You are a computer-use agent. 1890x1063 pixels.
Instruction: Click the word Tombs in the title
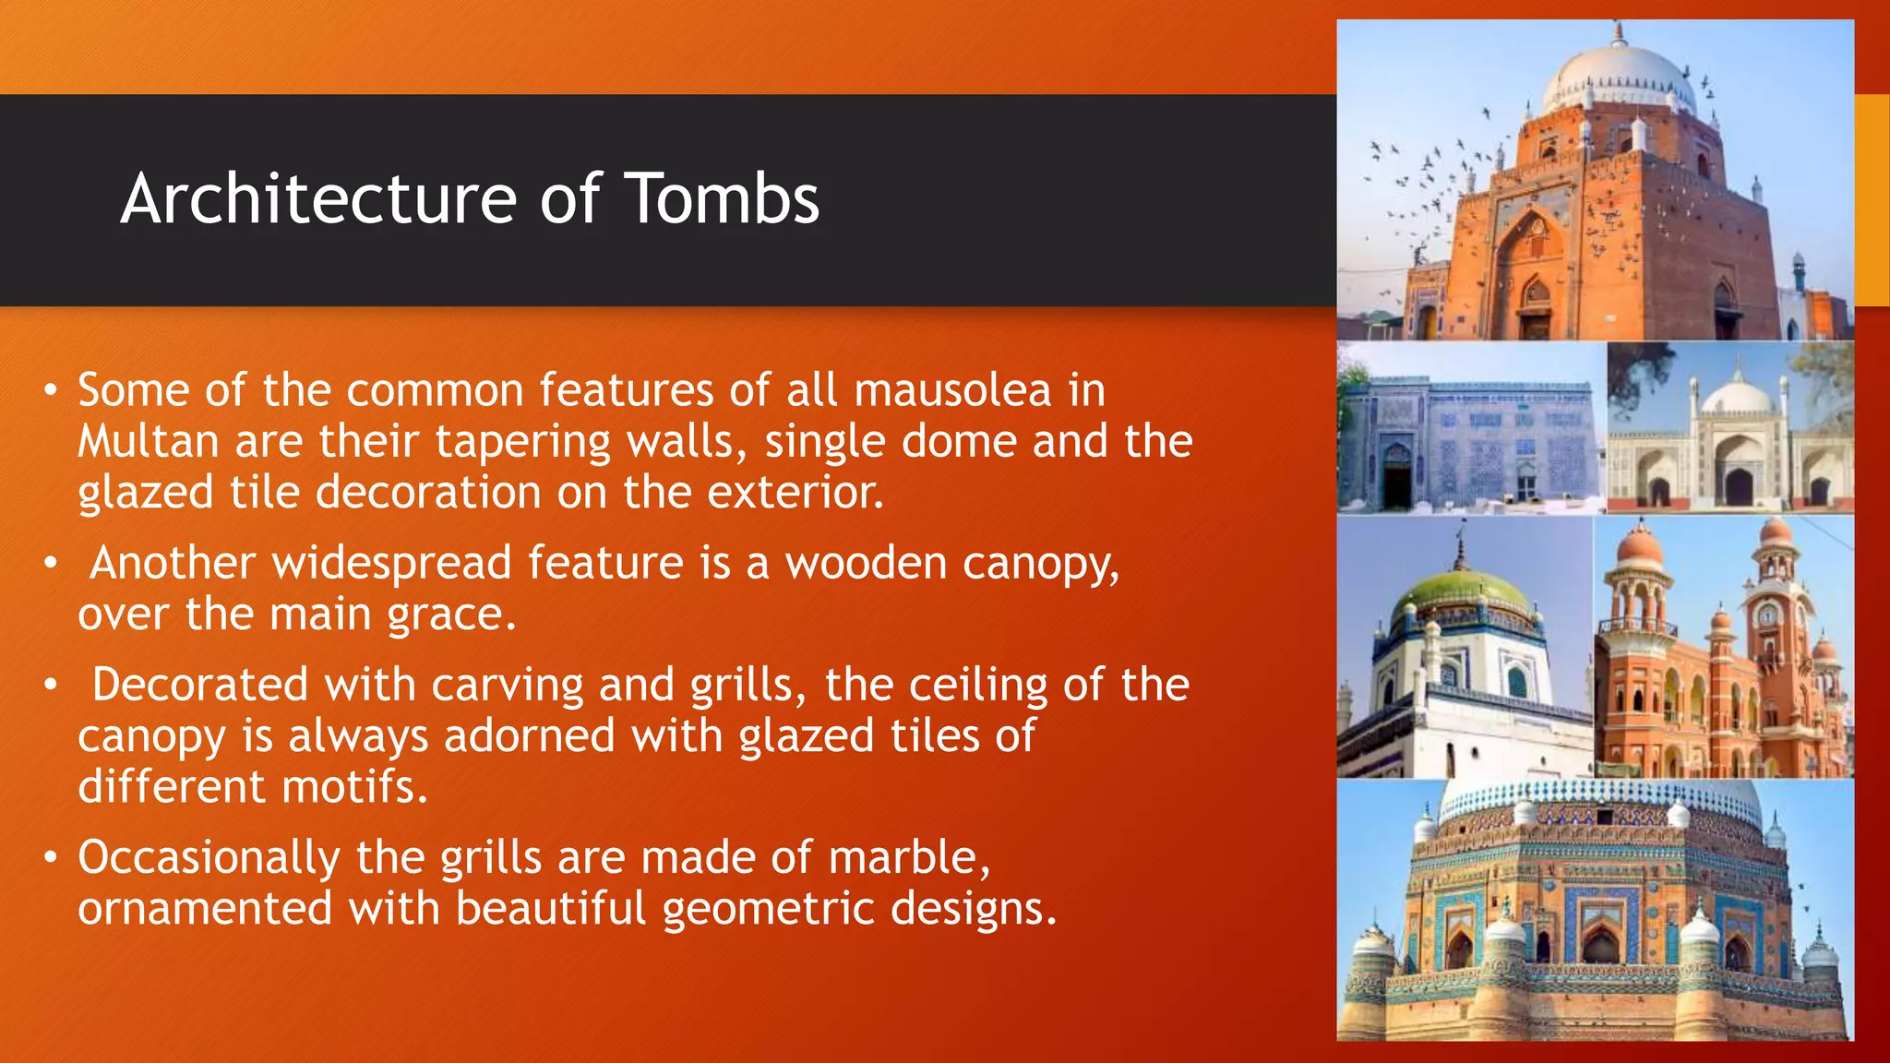(x=722, y=199)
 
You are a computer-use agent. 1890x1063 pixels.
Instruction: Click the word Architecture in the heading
(x=319, y=199)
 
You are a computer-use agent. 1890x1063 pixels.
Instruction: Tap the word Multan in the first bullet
(x=148, y=441)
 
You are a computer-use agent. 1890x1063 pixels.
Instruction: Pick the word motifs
(x=354, y=787)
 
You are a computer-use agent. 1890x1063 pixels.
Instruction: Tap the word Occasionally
(x=209, y=857)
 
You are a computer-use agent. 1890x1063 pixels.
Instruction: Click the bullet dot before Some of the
(x=52, y=389)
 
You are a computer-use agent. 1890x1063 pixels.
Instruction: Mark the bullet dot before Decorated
(x=52, y=685)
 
